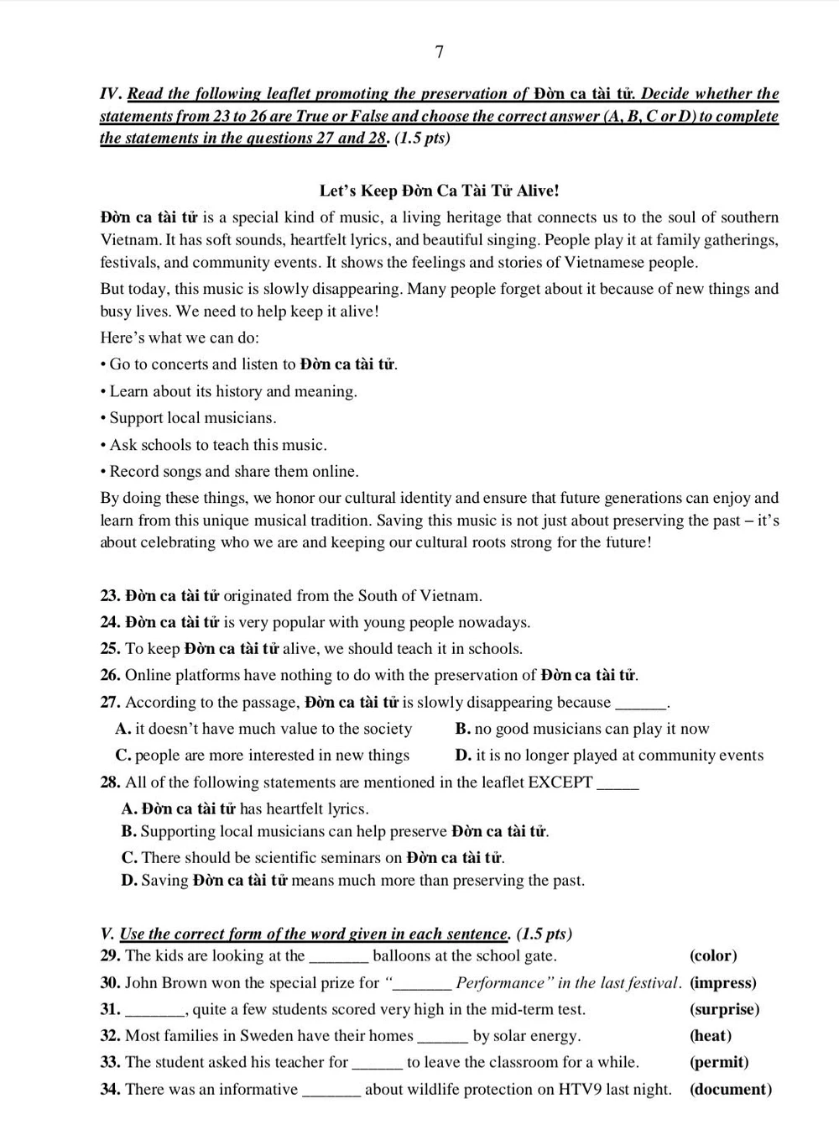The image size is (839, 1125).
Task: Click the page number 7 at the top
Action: pos(440,52)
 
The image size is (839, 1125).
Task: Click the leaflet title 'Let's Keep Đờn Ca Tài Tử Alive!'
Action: pos(439,191)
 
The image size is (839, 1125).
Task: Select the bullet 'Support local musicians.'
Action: pos(192,418)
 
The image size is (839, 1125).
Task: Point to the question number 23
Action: pos(110,596)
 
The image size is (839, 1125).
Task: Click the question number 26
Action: pos(110,675)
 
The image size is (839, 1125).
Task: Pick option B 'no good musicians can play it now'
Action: pos(582,729)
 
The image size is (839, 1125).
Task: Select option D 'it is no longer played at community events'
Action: pos(609,756)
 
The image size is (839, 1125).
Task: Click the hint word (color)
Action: pos(713,955)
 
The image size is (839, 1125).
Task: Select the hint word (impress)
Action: pos(722,982)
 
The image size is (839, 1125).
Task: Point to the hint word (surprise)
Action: pos(724,1009)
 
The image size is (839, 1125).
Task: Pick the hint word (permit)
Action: pos(719,1062)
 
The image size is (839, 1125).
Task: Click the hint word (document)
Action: pos(730,1090)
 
